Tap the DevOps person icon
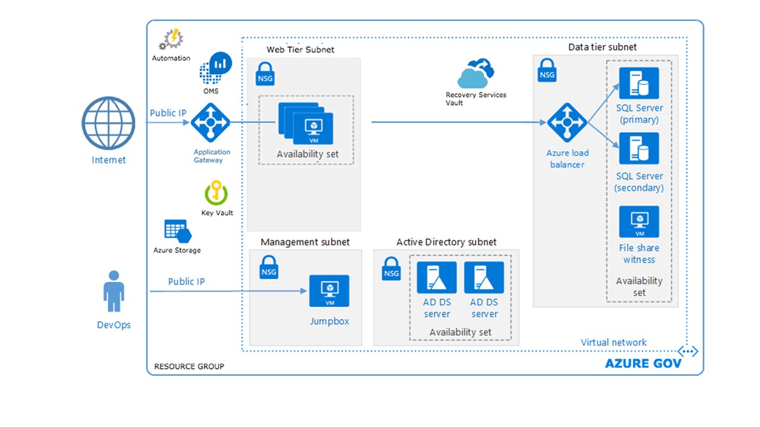click(113, 292)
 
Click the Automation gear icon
click(170, 40)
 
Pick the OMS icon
click(214, 69)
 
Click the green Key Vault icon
click(216, 193)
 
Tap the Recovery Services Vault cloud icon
click(476, 74)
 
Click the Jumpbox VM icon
click(329, 291)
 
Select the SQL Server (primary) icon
click(639, 83)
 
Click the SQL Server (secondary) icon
click(639, 148)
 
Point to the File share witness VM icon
click(639, 222)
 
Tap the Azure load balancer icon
click(567, 123)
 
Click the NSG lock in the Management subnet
click(269, 266)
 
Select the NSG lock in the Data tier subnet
click(547, 69)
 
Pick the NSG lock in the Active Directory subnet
click(391, 268)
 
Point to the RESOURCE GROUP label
click(189, 367)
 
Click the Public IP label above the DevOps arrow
click(186, 282)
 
